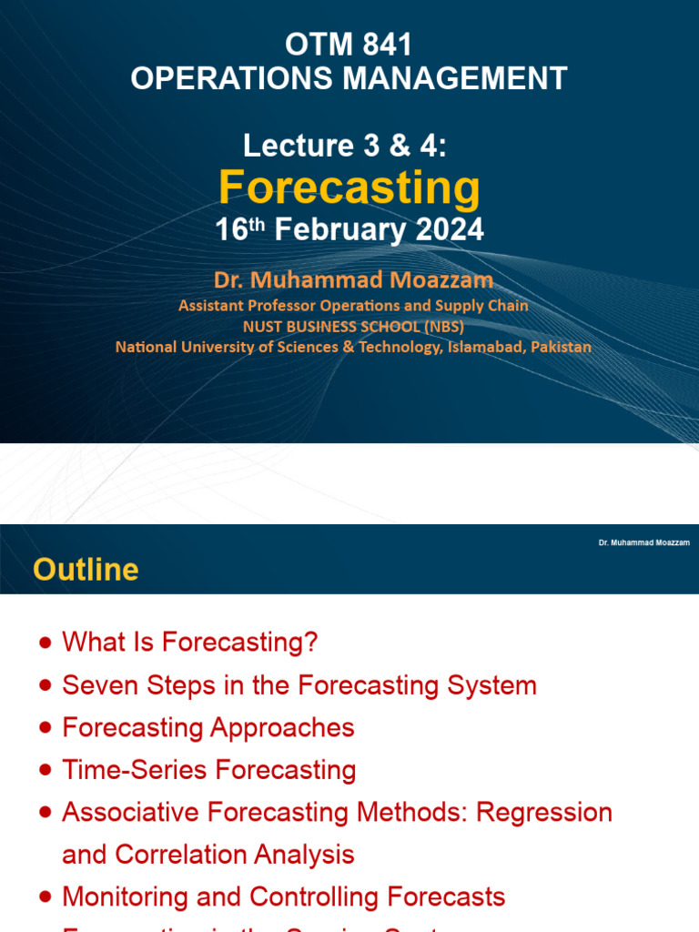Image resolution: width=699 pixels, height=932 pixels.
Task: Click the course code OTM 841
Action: (x=349, y=46)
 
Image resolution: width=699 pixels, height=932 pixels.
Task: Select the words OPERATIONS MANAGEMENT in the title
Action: (x=349, y=78)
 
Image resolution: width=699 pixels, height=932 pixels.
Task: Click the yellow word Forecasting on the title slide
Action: (x=349, y=187)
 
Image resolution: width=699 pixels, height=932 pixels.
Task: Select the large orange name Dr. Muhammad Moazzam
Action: (x=353, y=279)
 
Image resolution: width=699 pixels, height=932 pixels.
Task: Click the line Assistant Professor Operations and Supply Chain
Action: (x=353, y=306)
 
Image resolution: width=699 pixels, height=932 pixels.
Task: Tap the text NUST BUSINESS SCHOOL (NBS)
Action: (x=353, y=326)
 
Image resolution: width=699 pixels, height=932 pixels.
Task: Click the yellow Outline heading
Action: (x=86, y=570)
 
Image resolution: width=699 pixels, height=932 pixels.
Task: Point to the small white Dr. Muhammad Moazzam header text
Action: (x=643, y=542)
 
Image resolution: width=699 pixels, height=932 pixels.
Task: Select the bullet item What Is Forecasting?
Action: (x=189, y=643)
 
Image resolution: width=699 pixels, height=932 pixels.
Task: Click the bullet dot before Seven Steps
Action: (x=46, y=686)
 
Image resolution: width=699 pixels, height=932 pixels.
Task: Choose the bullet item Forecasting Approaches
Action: (x=208, y=727)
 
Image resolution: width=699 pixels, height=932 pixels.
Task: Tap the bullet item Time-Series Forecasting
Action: (x=208, y=770)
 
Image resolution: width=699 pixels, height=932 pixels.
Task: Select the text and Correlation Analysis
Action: (x=208, y=855)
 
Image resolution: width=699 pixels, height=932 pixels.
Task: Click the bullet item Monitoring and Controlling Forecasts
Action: (x=283, y=897)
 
